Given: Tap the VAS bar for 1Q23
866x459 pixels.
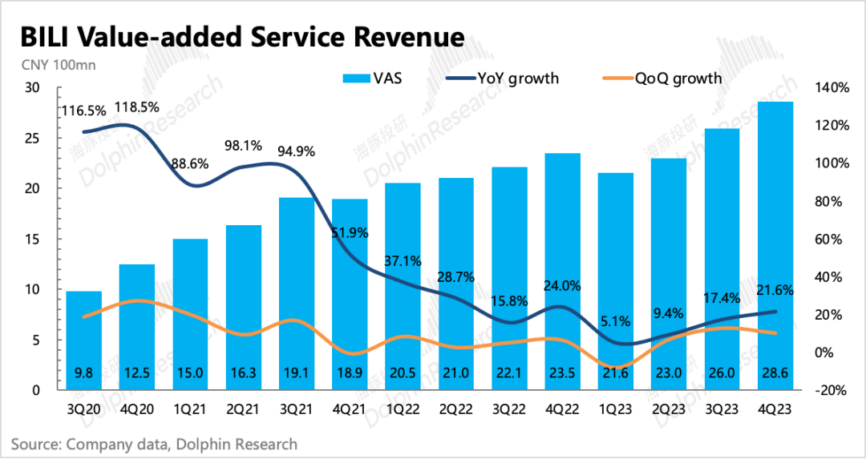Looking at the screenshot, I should coord(617,281).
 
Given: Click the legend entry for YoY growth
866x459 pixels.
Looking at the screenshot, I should coord(504,78).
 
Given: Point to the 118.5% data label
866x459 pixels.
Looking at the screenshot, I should coord(137,107).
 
